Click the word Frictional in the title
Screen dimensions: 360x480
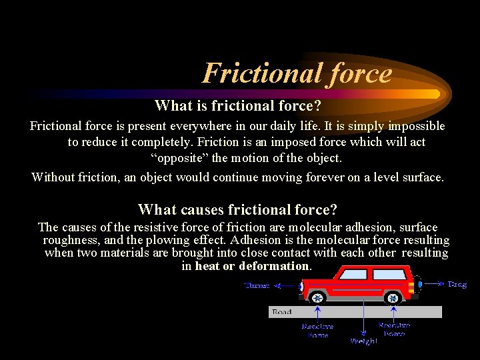pyautogui.click(x=257, y=73)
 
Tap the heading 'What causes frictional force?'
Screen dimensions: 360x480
pyautogui.click(x=237, y=210)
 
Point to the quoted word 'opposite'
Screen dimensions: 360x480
pyautogui.click(x=179, y=159)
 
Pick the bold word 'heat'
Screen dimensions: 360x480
pyautogui.click(x=207, y=266)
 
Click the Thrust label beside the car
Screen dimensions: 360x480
pyautogui.click(x=257, y=285)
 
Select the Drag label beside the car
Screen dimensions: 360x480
pyautogui.click(x=457, y=284)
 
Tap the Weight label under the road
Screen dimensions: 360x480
pyautogui.click(x=363, y=341)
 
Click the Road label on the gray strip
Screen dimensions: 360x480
pyautogui.click(x=281, y=312)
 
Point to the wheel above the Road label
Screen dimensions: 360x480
pyautogui.click(x=318, y=297)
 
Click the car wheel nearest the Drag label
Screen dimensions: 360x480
pyautogui.click(x=393, y=297)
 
